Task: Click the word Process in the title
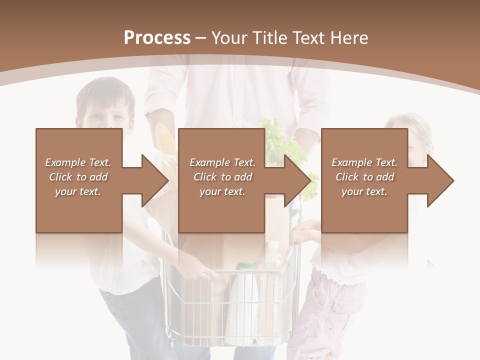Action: tap(157, 38)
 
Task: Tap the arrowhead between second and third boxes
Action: tap(297, 180)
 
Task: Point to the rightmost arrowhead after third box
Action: tap(440, 180)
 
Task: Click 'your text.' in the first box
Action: tap(78, 191)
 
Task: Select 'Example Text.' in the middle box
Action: tap(222, 162)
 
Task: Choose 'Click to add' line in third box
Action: tap(364, 177)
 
